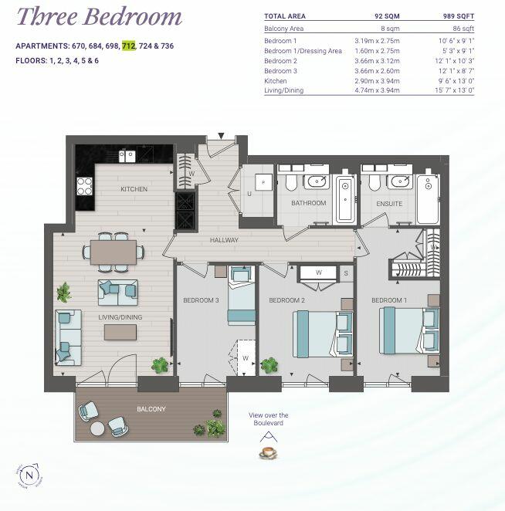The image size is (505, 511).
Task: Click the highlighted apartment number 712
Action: tap(128, 46)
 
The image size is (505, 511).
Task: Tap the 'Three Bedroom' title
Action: tap(100, 16)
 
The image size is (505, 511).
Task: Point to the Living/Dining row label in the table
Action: tap(283, 90)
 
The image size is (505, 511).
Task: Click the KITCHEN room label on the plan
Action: tap(134, 189)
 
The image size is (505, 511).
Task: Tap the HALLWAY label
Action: tap(224, 240)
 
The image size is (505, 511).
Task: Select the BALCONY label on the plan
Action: tap(151, 408)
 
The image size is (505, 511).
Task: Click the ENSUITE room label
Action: tap(389, 204)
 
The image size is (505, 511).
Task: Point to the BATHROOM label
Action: tap(308, 204)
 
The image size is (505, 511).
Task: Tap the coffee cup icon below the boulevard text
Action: tap(268, 452)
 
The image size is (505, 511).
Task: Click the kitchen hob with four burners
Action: tap(84, 187)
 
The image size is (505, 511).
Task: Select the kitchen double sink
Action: tap(127, 155)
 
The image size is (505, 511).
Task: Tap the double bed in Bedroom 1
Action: tap(408, 330)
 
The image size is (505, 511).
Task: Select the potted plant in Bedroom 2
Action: tap(270, 364)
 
